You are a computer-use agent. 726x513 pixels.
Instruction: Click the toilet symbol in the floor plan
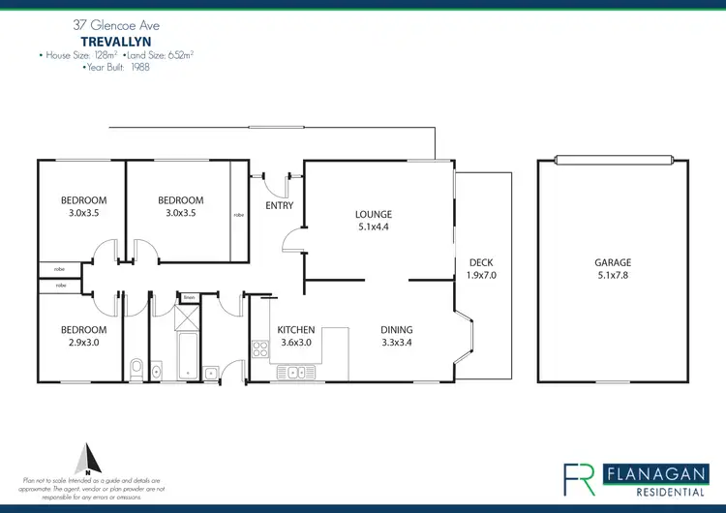pos(136,368)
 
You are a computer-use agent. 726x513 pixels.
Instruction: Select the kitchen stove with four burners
pos(259,349)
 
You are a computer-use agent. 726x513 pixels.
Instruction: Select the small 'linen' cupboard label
pos(190,296)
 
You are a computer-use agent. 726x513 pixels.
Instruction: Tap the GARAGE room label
pos(612,262)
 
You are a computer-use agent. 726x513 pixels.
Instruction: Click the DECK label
pos(480,262)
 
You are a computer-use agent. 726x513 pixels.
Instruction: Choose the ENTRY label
pos(279,205)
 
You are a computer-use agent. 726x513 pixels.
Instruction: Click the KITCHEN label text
pos(296,329)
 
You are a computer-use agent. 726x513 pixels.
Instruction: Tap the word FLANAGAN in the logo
pos(649,473)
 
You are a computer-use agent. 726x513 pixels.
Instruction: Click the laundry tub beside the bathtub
pos(211,369)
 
